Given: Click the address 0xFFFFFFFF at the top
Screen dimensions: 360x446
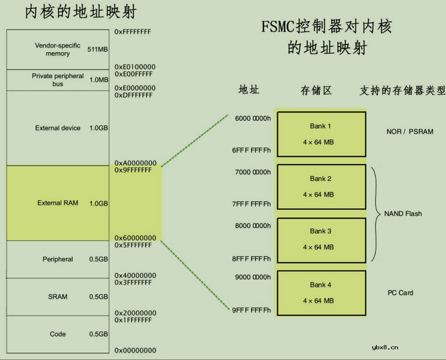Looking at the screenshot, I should click(x=133, y=31).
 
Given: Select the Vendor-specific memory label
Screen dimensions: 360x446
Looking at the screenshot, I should click(x=58, y=49).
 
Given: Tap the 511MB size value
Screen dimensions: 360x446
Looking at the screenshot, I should click(x=98, y=49).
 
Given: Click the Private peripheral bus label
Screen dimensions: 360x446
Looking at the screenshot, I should click(x=58, y=80).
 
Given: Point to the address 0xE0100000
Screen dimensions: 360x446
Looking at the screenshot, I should click(x=135, y=67).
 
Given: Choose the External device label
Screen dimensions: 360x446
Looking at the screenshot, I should click(x=58, y=128).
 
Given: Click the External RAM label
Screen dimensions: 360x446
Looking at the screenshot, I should click(x=58, y=203).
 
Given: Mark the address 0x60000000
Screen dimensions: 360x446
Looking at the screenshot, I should click(x=135, y=238).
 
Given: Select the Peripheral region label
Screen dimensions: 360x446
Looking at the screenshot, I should click(x=58, y=259).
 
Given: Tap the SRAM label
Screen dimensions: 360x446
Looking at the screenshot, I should click(x=58, y=297).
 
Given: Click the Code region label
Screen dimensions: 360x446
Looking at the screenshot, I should click(x=58, y=334).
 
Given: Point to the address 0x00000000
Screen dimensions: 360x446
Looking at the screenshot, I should click(x=135, y=350).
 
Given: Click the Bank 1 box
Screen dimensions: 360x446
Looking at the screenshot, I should click(x=321, y=134).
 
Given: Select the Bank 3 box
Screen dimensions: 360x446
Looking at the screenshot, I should click(x=321, y=240).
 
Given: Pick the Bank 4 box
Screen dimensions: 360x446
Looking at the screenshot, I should click(x=321, y=293).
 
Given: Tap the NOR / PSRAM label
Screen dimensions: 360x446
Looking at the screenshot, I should click(x=410, y=132).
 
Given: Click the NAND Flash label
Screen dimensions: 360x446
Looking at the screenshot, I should click(x=403, y=214).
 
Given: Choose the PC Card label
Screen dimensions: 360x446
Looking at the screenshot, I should click(x=400, y=293).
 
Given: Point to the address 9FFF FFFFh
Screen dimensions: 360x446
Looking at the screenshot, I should click(x=251, y=310).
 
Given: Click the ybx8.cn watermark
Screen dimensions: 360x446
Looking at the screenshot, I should click(x=385, y=348).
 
